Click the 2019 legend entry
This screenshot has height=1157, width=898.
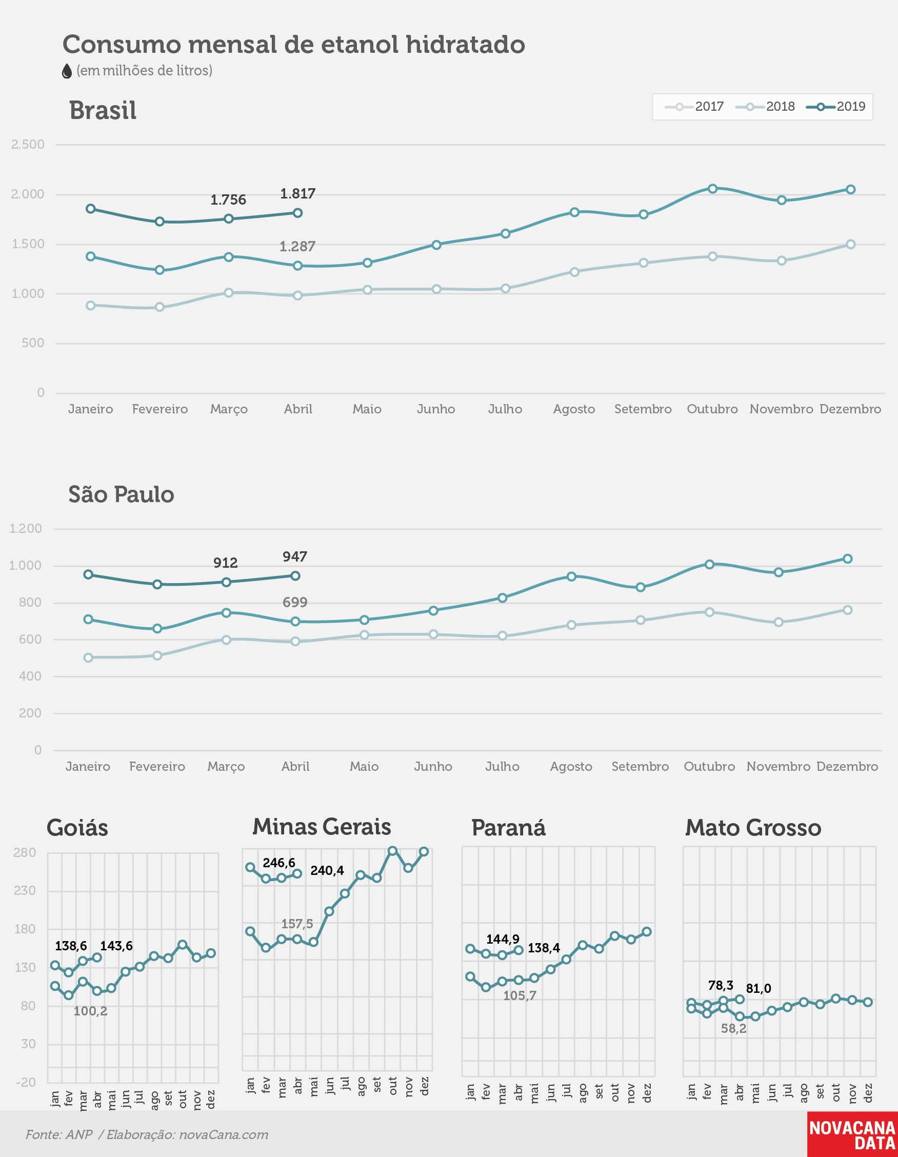click(x=835, y=107)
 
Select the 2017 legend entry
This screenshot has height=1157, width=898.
click(x=694, y=107)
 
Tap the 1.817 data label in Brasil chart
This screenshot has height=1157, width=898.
click(x=298, y=193)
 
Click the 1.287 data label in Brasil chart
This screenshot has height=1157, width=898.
click(x=297, y=246)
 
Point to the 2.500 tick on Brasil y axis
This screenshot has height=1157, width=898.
click(x=28, y=144)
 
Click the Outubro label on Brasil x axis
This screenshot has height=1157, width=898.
click(x=712, y=409)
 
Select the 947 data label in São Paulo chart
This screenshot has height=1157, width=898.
click(x=294, y=556)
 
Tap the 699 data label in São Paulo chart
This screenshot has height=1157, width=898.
click(x=294, y=602)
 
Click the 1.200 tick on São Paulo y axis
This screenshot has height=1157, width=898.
click(x=26, y=528)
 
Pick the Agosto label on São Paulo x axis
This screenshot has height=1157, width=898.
click(x=571, y=767)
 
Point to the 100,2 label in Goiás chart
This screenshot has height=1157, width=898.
click(x=90, y=1011)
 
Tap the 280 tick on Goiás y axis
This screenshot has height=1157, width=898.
click(x=25, y=852)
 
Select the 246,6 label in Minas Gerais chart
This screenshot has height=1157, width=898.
click(x=278, y=863)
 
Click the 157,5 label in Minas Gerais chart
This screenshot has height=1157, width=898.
click(x=297, y=923)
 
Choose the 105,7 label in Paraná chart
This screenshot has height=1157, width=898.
click(x=519, y=995)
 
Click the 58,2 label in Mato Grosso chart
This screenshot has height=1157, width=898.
click(x=733, y=1028)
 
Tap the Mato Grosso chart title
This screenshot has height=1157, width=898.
click(x=753, y=827)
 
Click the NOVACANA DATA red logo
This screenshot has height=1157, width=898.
click(x=852, y=1134)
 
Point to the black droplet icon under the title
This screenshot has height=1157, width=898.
click(x=67, y=71)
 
